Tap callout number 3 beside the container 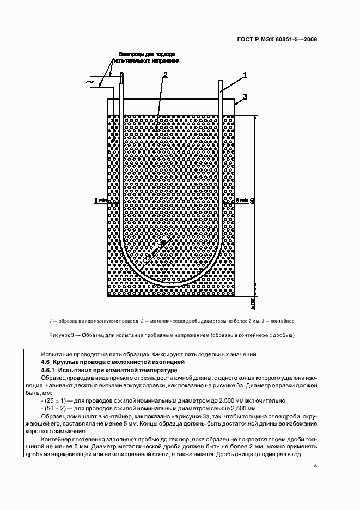point(245,96)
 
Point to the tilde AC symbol point(90,83)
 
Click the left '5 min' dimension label point(100,201)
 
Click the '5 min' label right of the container point(242,201)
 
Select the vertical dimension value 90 point(252,200)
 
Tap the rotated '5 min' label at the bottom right point(252,300)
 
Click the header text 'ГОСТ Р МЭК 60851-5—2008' point(278,39)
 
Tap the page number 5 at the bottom point(315,465)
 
